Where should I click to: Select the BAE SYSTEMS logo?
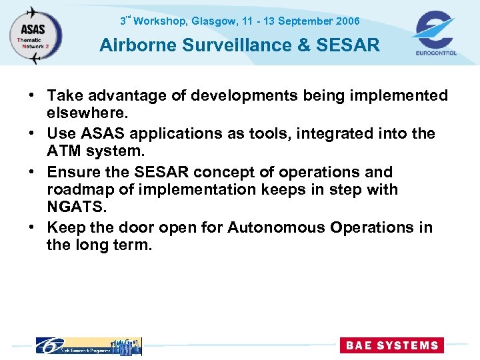[391, 345]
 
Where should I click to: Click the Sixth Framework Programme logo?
[88, 345]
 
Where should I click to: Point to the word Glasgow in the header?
[213, 21]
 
